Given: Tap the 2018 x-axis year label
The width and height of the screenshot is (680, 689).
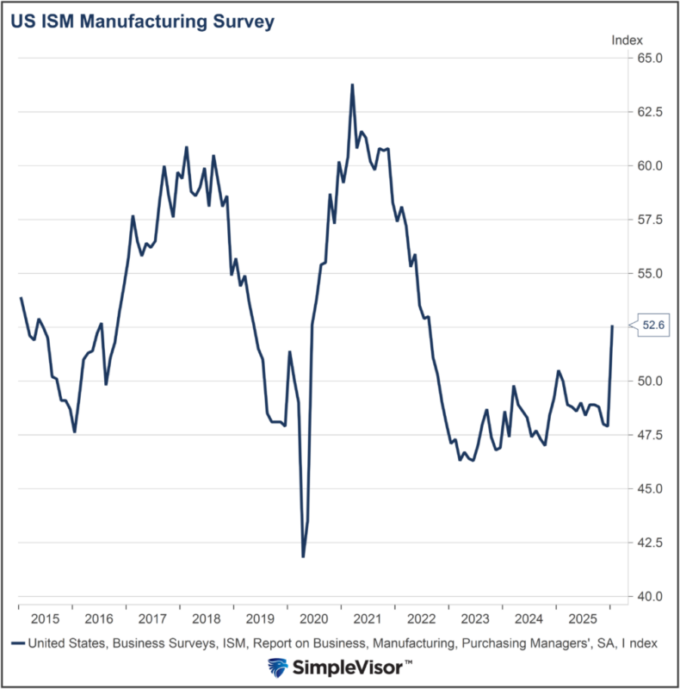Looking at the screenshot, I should (x=207, y=618).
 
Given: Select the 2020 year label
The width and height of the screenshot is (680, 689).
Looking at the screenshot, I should (x=314, y=618).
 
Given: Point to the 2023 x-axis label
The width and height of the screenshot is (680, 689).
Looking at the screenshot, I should (x=476, y=618).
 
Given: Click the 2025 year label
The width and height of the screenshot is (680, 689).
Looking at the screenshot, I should (x=584, y=618).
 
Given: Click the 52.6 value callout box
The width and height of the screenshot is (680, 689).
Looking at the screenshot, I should (x=653, y=325).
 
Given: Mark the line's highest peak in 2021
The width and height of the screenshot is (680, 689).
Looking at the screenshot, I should (x=352, y=84).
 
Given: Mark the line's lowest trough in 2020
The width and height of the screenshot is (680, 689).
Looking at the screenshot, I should (x=303, y=556).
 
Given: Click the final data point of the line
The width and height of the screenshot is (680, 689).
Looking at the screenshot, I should (x=612, y=326).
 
